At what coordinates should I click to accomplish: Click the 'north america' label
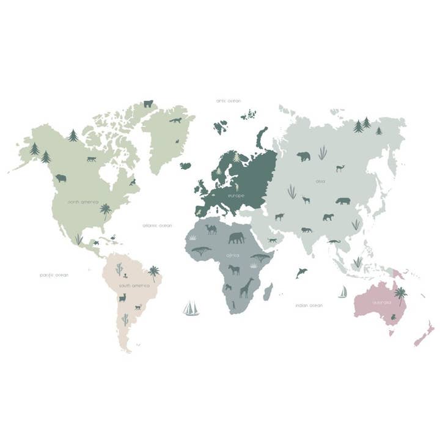pyautogui.click(x=83, y=202)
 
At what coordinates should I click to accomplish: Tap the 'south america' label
pyautogui.click(x=134, y=285)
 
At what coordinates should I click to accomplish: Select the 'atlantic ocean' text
pyautogui.click(x=157, y=226)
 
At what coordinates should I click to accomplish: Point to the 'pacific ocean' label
pyautogui.click(x=54, y=275)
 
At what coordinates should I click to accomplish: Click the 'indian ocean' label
pyautogui.click(x=309, y=305)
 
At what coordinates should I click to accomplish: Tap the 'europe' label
pyautogui.click(x=236, y=195)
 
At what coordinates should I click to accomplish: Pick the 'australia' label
pyautogui.click(x=382, y=302)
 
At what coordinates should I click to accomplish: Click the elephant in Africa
pyautogui.click(x=237, y=237)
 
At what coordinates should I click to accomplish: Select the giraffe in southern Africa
pyautogui.click(x=246, y=287)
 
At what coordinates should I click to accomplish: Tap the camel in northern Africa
pyautogui.click(x=211, y=229)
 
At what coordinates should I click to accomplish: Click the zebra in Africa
pyautogui.click(x=234, y=269)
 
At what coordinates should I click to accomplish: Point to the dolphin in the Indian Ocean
pyautogui.click(x=301, y=273)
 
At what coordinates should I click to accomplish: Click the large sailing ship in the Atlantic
pyautogui.click(x=191, y=308)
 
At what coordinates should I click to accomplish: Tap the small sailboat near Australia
pyautogui.click(x=343, y=292)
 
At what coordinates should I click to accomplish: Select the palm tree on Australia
pyautogui.click(x=400, y=295)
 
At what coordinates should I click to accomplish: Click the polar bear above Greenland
pyautogui.click(x=148, y=104)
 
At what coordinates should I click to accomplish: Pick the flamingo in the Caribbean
pyautogui.click(x=113, y=237)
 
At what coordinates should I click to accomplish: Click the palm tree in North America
pyautogui.click(x=106, y=211)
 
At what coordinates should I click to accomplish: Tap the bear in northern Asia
pyautogui.click(x=304, y=156)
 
